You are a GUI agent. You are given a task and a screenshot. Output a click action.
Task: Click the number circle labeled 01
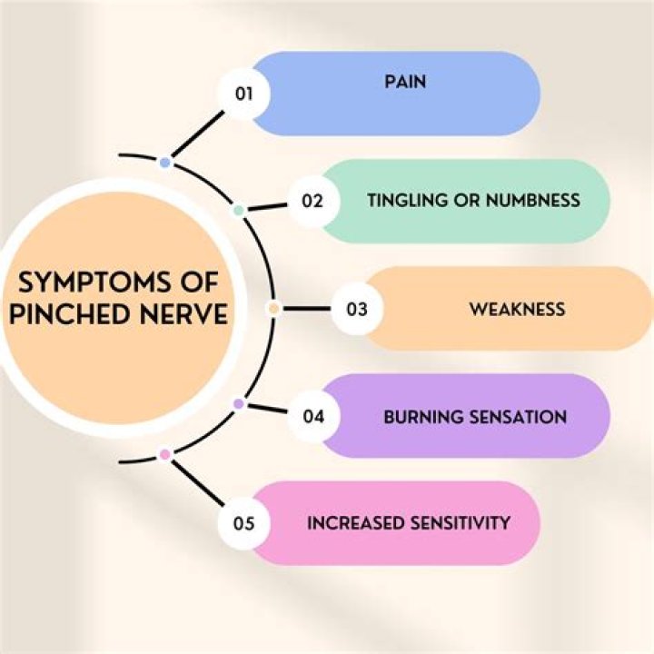[243, 94]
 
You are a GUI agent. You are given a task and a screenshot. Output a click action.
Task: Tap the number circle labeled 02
[312, 201]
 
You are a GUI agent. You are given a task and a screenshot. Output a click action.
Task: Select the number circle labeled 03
[356, 309]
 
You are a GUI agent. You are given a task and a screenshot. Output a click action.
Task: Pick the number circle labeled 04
[312, 417]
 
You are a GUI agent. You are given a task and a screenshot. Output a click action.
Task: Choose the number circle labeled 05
[243, 523]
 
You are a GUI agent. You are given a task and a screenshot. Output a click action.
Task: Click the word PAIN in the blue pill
[404, 82]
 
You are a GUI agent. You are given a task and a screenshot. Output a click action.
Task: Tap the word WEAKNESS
[517, 309]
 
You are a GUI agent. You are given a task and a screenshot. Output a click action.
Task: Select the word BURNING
[423, 417]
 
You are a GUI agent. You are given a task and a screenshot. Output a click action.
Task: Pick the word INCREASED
[352, 522]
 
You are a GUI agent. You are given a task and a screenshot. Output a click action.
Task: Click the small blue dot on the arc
[164, 163]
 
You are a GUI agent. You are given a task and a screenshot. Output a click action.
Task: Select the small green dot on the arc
[238, 210]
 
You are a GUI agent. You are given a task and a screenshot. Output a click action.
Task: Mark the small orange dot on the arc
[272, 309]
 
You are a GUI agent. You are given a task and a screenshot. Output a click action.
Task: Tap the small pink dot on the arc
[164, 454]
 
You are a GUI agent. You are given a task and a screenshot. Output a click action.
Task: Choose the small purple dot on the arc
[238, 403]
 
